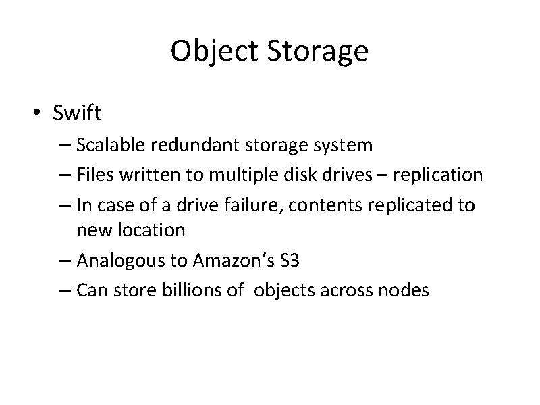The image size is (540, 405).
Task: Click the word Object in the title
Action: tap(210, 52)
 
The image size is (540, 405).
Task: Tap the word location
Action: tap(154, 230)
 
